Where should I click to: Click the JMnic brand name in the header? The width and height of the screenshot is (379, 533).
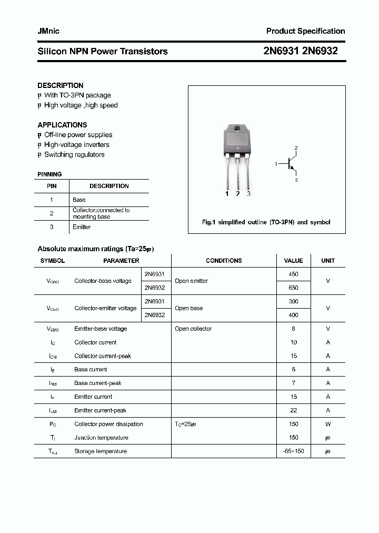(48, 31)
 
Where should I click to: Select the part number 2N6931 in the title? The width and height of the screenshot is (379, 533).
(282, 51)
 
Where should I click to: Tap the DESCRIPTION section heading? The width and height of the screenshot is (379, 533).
(60, 85)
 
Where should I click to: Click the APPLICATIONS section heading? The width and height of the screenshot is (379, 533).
(62, 125)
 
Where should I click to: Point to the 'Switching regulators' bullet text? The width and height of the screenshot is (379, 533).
(74, 154)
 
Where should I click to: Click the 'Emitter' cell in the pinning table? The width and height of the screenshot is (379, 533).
(82, 227)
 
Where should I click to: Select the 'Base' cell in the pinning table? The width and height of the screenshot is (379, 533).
(79, 200)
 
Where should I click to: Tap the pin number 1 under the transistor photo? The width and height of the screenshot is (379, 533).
(227, 194)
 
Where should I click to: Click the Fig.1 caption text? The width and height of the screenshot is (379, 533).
(266, 222)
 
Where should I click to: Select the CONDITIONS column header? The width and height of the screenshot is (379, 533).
(224, 261)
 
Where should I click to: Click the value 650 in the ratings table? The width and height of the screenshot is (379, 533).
(293, 288)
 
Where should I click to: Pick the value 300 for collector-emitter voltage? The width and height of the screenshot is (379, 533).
(293, 301)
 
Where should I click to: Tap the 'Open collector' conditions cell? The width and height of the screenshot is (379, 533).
(193, 329)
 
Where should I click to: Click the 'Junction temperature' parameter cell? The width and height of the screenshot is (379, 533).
(101, 438)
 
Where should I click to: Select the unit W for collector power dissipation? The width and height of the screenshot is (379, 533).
(328, 424)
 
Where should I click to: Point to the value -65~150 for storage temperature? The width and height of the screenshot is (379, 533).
(293, 451)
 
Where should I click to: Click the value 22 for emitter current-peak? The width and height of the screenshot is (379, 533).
(293, 410)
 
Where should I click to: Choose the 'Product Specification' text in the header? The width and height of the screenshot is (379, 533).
(305, 31)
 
